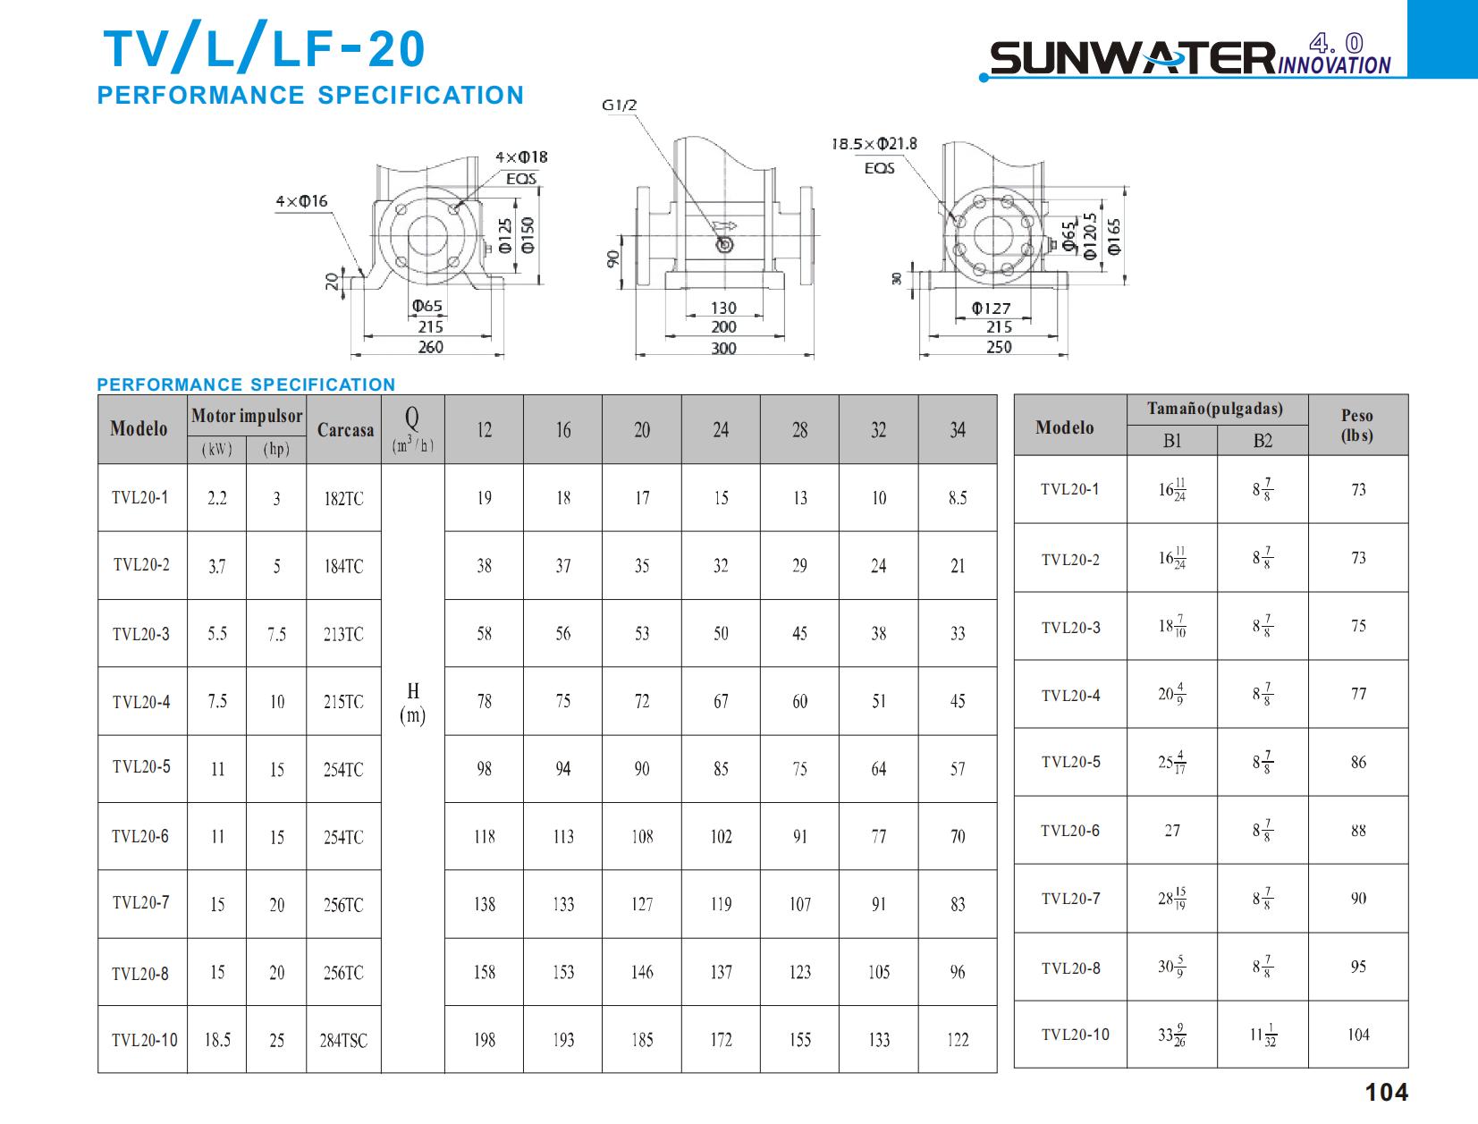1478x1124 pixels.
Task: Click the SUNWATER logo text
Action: (x=1132, y=59)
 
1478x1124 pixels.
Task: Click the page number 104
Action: (x=1386, y=1093)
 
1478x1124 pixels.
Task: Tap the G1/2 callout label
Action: (x=619, y=106)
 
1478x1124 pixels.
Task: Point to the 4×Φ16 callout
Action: (x=301, y=202)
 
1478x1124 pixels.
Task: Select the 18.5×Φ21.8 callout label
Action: (x=874, y=144)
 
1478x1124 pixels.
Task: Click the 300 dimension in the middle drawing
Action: (x=723, y=348)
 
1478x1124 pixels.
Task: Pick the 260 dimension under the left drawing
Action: (x=430, y=347)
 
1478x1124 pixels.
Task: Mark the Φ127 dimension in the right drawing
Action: (x=991, y=308)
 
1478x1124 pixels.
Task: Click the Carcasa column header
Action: (x=345, y=430)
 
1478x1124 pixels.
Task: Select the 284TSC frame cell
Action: (x=343, y=1041)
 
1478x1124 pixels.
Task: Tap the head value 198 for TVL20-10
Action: (x=484, y=1040)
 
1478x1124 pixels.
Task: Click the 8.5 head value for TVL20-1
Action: (x=958, y=498)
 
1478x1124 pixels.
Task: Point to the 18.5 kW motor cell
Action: (x=217, y=1040)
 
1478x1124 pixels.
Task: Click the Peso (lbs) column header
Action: (x=1357, y=426)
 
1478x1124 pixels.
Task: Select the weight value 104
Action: (x=1358, y=1035)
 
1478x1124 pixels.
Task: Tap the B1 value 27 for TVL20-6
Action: (x=1172, y=831)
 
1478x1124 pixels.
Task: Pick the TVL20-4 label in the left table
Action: (x=141, y=702)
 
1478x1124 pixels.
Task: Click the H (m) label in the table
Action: (x=413, y=703)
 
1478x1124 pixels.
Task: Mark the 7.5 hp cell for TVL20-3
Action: (x=276, y=634)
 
